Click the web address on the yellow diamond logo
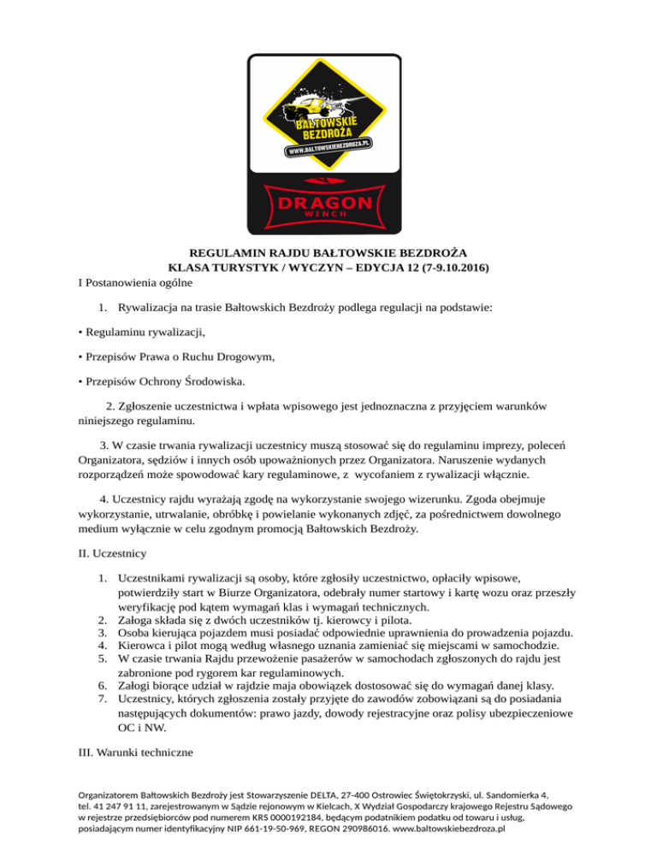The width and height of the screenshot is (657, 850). (x=328, y=149)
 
